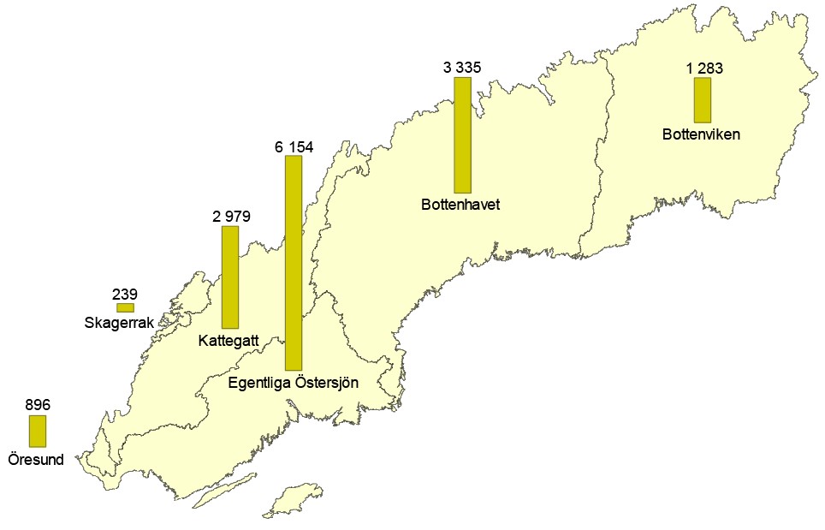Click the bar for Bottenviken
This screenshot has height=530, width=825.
[702, 100]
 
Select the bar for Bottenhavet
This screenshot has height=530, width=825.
[462, 135]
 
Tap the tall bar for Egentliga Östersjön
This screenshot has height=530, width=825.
[294, 263]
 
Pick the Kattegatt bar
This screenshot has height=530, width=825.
[229, 277]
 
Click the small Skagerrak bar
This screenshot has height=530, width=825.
[125, 307]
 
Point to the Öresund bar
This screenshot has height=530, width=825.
[37, 432]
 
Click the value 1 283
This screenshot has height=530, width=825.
[703, 68]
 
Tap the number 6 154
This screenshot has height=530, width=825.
[294, 146]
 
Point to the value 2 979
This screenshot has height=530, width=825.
[230, 217]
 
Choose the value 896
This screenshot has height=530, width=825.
[38, 405]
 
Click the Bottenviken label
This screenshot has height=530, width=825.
[701, 134]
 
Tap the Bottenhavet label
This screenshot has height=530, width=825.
[460, 205]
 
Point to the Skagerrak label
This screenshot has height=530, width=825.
[119, 323]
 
